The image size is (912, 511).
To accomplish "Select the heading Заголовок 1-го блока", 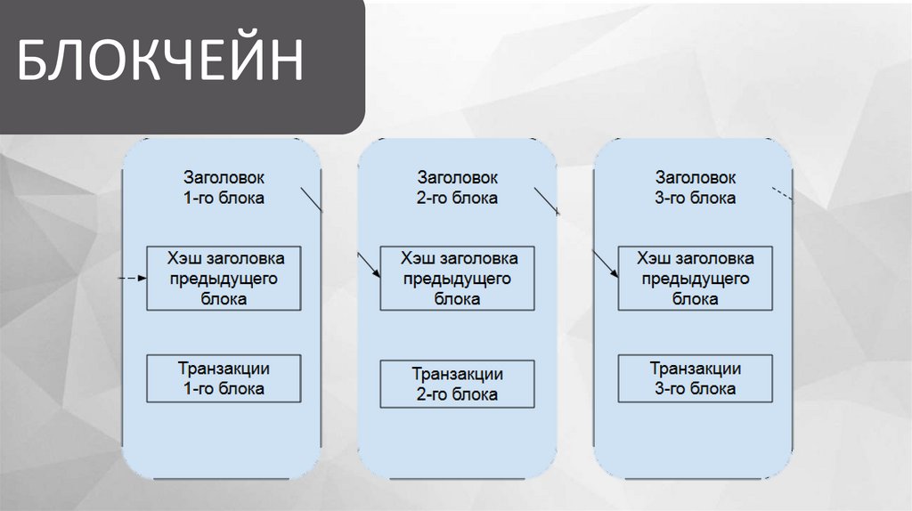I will [x=224, y=188].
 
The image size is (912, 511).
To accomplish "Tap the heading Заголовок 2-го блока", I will [x=457, y=188].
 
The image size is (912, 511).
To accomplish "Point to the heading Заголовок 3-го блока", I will [x=696, y=188].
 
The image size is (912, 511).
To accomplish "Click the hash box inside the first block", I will [x=224, y=279].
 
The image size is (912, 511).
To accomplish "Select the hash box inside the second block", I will [x=457, y=279].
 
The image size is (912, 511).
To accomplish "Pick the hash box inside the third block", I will [x=696, y=279].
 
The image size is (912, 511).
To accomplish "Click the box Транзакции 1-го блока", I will [x=224, y=378].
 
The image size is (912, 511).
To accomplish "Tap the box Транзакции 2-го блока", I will [x=457, y=384].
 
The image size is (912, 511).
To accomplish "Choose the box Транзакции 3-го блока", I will [x=696, y=378].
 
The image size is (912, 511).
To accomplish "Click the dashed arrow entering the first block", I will [x=132, y=279].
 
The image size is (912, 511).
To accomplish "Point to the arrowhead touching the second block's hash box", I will [x=377, y=272].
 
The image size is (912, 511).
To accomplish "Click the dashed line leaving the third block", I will [x=779, y=194].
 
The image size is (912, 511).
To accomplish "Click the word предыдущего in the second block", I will [x=457, y=279].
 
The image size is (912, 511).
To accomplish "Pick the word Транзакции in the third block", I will [x=696, y=369].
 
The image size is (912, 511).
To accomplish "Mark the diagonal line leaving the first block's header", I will [x=311, y=200].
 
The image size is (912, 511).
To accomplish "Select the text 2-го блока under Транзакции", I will [x=457, y=394].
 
